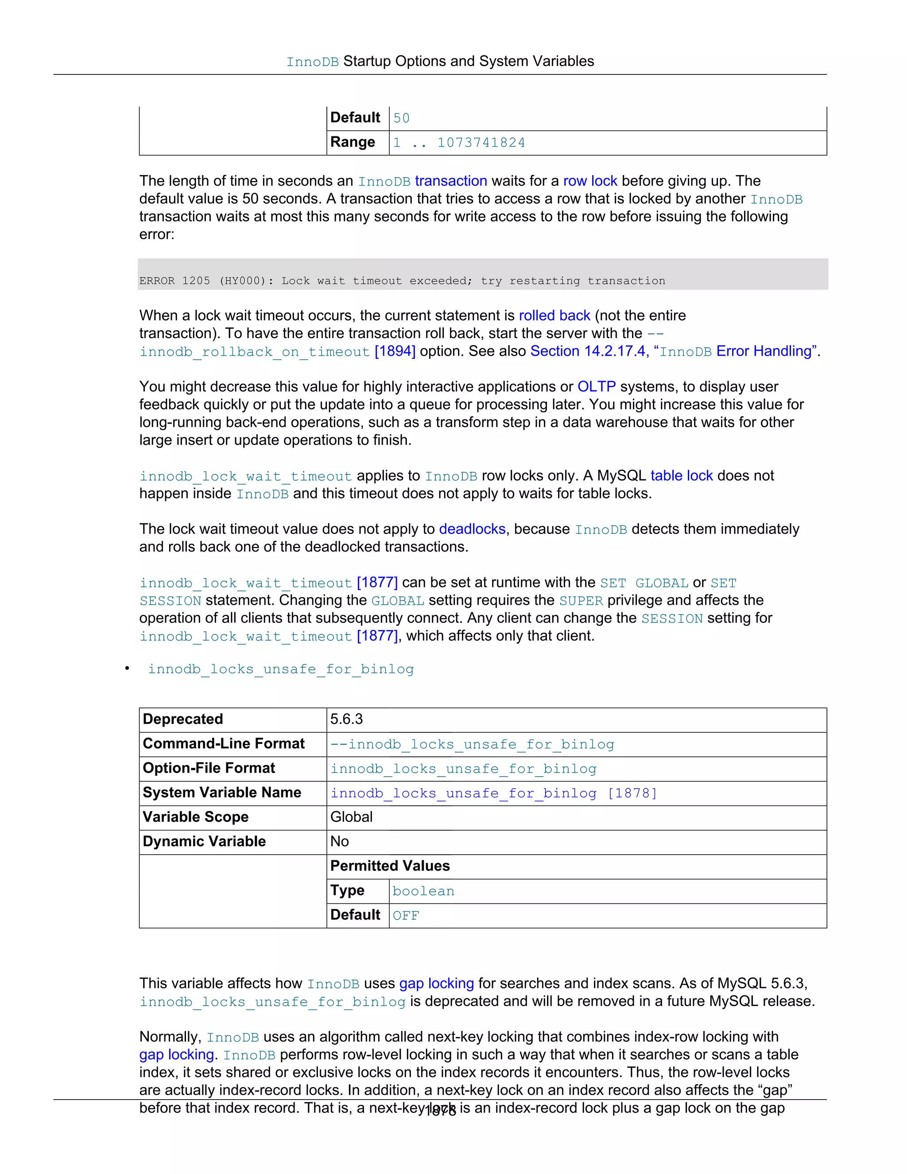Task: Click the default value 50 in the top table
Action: point(401,118)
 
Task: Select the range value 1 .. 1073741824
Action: point(459,143)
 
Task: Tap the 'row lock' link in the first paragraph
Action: point(589,181)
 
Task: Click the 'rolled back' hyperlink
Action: point(554,315)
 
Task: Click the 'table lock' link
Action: point(681,476)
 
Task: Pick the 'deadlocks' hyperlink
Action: point(472,529)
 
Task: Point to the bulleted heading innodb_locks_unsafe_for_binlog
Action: point(280,669)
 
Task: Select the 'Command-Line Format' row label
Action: point(223,744)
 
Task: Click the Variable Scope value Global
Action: point(351,817)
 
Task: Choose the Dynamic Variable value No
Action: point(339,842)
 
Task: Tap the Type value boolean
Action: point(423,891)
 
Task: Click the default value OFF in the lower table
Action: point(405,915)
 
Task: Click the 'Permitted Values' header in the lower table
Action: point(390,866)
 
